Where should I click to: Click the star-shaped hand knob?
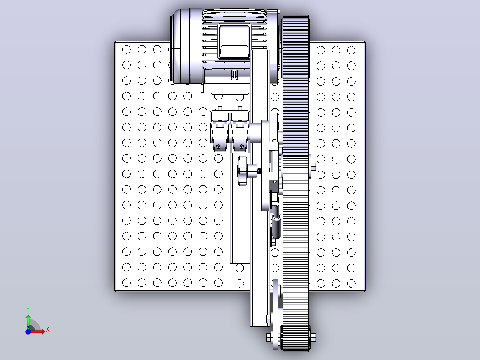coord(242,171)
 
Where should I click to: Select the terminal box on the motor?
coord(235,41)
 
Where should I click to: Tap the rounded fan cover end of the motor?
coord(181,46)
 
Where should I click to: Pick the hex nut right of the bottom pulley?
coord(313,337)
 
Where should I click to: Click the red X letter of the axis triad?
coord(48,330)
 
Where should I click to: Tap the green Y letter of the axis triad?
coord(28,310)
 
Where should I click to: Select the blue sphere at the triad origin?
coord(28,331)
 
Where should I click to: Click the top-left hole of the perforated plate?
coord(126,49)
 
